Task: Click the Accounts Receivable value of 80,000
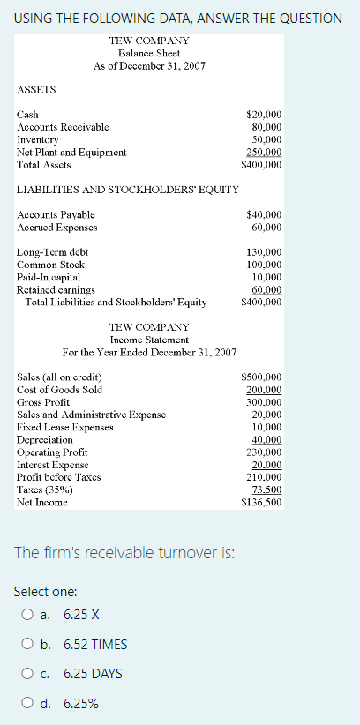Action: click(266, 127)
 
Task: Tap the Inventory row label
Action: click(37, 139)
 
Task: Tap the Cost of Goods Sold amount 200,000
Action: click(264, 389)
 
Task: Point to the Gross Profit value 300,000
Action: click(264, 401)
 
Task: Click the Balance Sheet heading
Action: click(148, 54)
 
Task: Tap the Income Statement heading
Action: click(149, 340)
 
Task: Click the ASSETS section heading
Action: click(37, 90)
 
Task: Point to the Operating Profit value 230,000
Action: click(264, 452)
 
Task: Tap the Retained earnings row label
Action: click(56, 289)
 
